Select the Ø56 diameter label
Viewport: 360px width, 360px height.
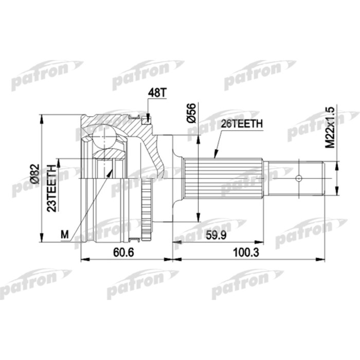[192, 113]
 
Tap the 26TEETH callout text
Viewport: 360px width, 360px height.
[242, 124]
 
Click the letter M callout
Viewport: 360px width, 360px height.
[65, 235]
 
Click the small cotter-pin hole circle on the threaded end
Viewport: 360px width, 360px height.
[298, 178]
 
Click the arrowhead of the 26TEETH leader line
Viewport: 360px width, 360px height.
[215, 155]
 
